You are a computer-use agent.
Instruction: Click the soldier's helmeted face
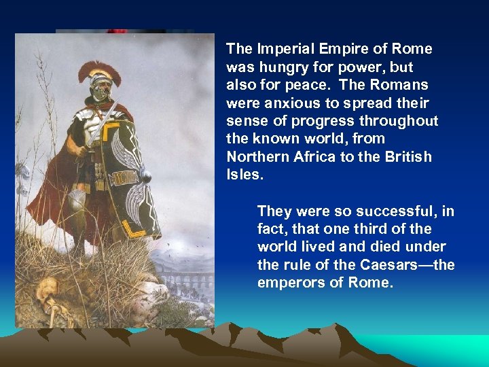point(101,90)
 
